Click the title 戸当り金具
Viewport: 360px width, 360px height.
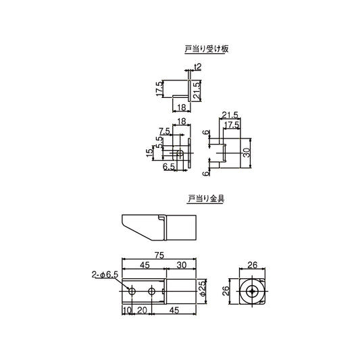[205, 199]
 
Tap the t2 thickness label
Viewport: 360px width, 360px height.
[197, 66]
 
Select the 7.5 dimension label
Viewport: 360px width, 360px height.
[164, 130]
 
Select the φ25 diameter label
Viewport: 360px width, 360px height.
[202, 288]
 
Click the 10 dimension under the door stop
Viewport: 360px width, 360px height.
[126, 310]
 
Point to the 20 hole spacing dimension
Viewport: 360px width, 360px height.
[142, 310]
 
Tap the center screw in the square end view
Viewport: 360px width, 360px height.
[252, 291]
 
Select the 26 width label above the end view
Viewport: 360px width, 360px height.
[252, 265]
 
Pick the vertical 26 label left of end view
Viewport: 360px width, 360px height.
[226, 291]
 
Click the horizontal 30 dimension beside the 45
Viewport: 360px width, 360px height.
[182, 265]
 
